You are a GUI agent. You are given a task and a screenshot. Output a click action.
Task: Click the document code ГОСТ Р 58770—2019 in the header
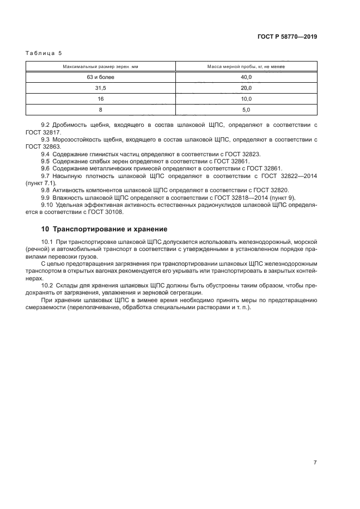tap(286, 37)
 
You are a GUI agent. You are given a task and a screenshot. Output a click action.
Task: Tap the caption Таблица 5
tap(44, 53)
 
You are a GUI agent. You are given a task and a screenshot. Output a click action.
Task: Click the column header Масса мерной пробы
tap(246, 66)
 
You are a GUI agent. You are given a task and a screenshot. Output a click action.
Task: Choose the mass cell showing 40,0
tap(246, 77)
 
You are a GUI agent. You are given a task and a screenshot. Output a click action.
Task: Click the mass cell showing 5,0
tap(246, 110)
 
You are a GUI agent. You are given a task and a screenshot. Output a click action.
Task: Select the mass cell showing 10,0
tap(246, 99)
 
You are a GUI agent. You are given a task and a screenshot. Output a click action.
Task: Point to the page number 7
tap(315, 463)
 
